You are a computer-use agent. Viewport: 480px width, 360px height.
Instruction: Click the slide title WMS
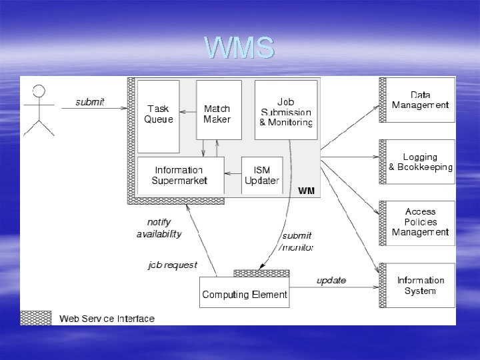tap(239, 48)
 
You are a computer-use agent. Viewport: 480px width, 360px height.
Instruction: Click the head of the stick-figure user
tap(39, 92)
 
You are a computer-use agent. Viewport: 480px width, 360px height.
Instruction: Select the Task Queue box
tap(159, 115)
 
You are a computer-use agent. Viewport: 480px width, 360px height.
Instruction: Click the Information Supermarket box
tap(179, 175)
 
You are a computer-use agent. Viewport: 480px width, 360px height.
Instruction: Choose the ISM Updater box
tap(262, 175)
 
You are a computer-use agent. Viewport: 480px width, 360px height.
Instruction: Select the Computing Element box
tap(245, 294)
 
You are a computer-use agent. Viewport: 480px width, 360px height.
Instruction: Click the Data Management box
tap(420, 100)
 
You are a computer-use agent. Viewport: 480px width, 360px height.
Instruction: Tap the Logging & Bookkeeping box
tap(420, 162)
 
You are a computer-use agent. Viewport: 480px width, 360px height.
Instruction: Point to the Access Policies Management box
tap(420, 222)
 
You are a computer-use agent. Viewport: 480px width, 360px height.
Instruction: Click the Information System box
tap(420, 285)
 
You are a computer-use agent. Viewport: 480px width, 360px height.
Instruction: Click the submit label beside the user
tap(89, 102)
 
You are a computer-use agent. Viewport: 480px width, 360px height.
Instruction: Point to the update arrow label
tap(331, 280)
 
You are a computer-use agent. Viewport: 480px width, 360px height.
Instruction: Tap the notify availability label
tap(159, 228)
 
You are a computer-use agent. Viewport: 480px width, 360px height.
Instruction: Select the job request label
tap(173, 265)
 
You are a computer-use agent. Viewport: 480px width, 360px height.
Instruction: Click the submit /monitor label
tap(296, 241)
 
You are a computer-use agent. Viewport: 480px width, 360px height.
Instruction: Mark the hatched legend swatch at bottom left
tap(36, 318)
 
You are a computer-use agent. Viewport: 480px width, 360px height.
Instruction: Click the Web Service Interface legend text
tap(107, 319)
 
